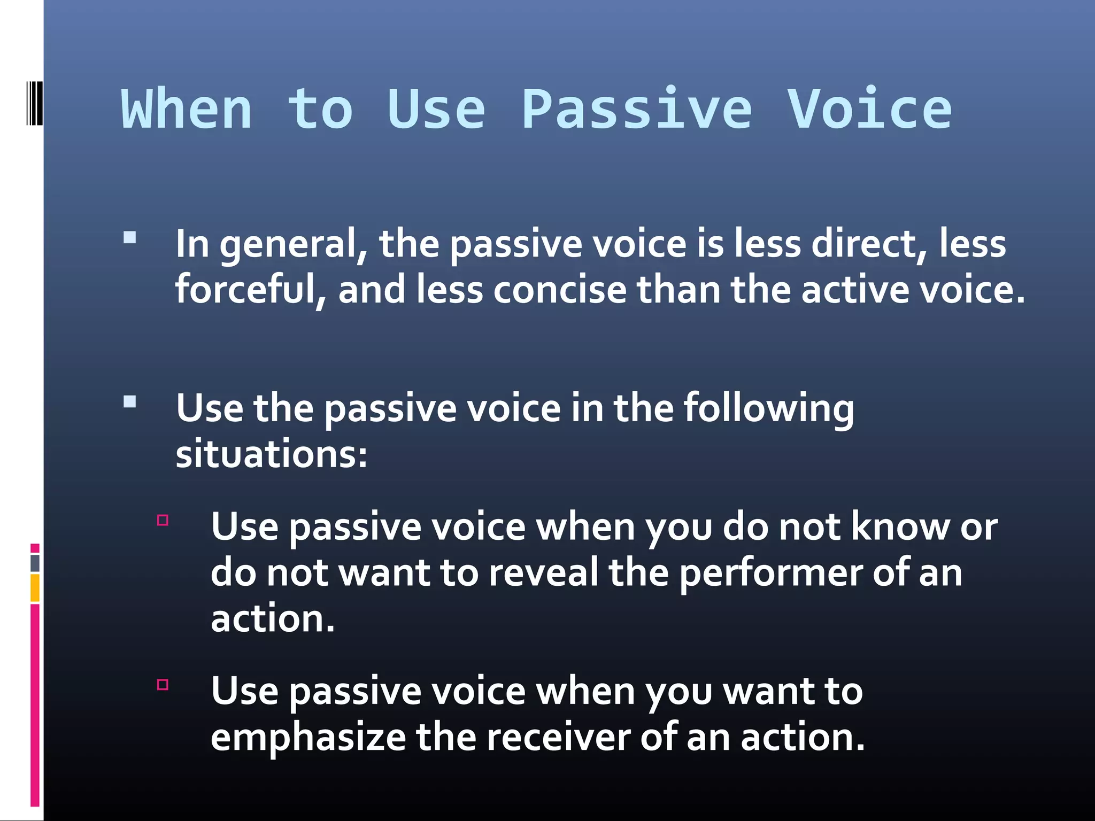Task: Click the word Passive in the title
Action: click(636, 110)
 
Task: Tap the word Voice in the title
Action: click(869, 110)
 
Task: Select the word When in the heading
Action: click(187, 110)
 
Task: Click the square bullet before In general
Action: click(129, 237)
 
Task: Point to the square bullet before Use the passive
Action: click(129, 401)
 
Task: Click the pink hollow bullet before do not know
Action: click(163, 520)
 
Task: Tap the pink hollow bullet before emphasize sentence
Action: click(163, 685)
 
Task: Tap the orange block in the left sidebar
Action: click(35, 588)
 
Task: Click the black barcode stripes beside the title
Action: click(34, 103)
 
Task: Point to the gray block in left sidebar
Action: click(35, 563)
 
